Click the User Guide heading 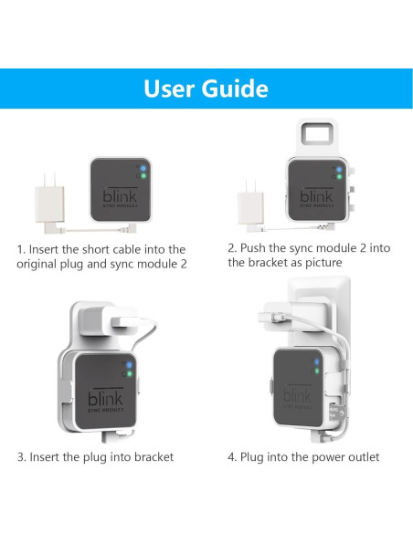[x=206, y=89]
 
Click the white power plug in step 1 [x=43, y=196]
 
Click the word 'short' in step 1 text [x=105, y=248]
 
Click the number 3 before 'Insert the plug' [x=20, y=456]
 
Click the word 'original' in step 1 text [x=41, y=264]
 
